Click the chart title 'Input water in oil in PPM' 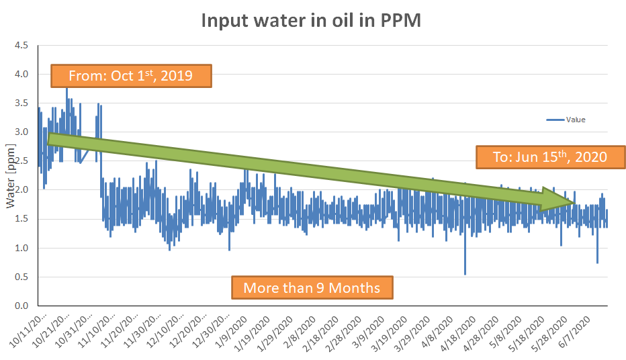311,21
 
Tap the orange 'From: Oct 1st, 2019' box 131,76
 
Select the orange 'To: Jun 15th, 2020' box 550,157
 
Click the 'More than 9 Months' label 312,287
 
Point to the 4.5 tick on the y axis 21,46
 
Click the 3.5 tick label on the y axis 21,103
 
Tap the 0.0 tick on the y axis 21,306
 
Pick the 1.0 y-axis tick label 21,248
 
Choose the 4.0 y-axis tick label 21,75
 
